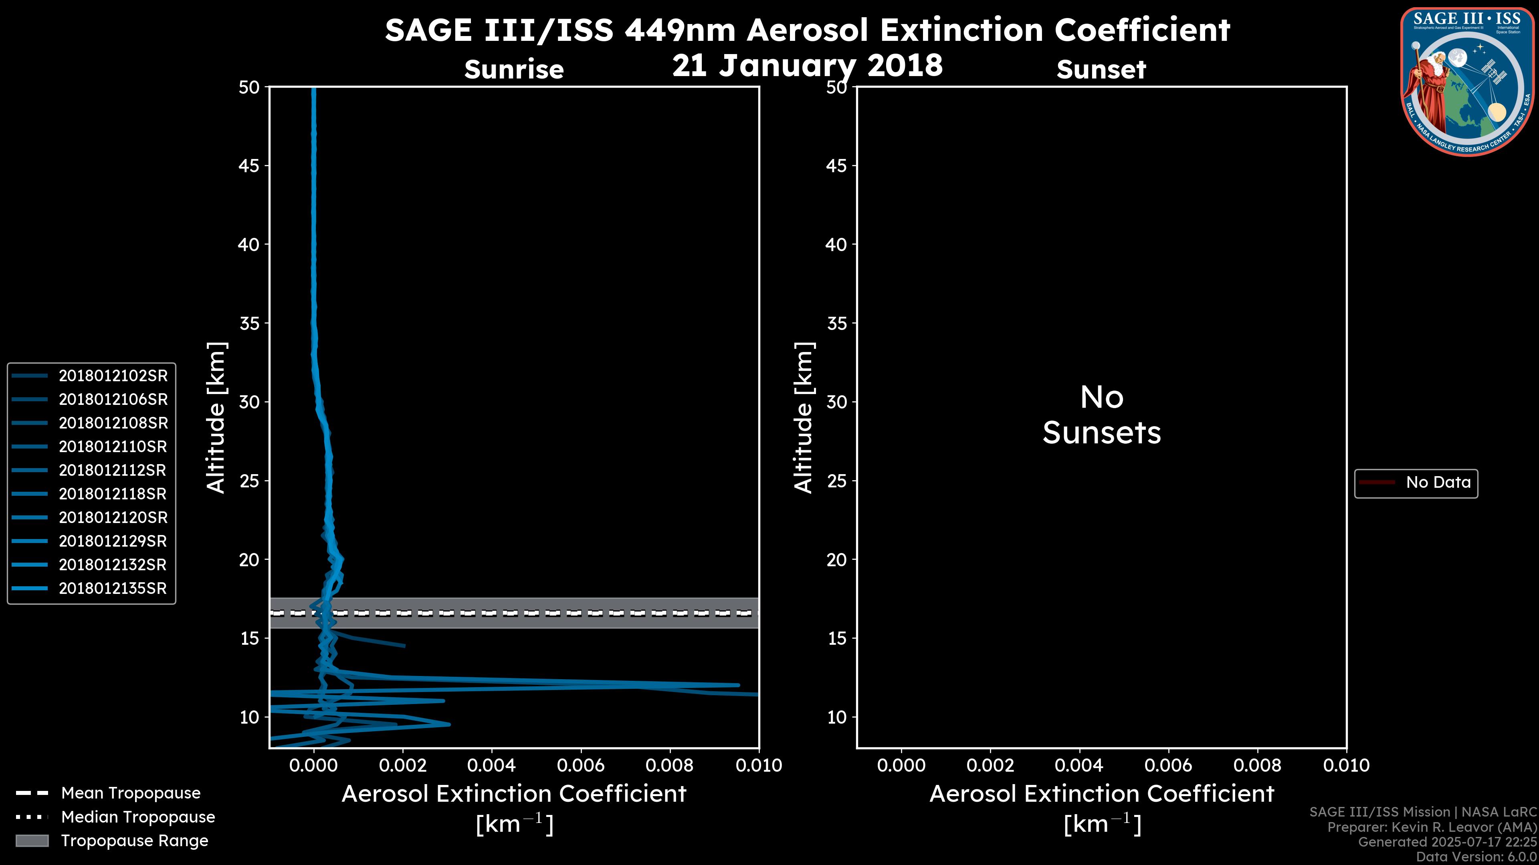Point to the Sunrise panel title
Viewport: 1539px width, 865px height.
click(x=514, y=70)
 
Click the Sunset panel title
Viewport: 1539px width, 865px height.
click(x=1101, y=70)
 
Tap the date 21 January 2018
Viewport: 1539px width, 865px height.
click(x=807, y=65)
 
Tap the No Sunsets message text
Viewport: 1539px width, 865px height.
click(x=1102, y=415)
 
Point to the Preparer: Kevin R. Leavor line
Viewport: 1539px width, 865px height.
click(x=1432, y=827)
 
